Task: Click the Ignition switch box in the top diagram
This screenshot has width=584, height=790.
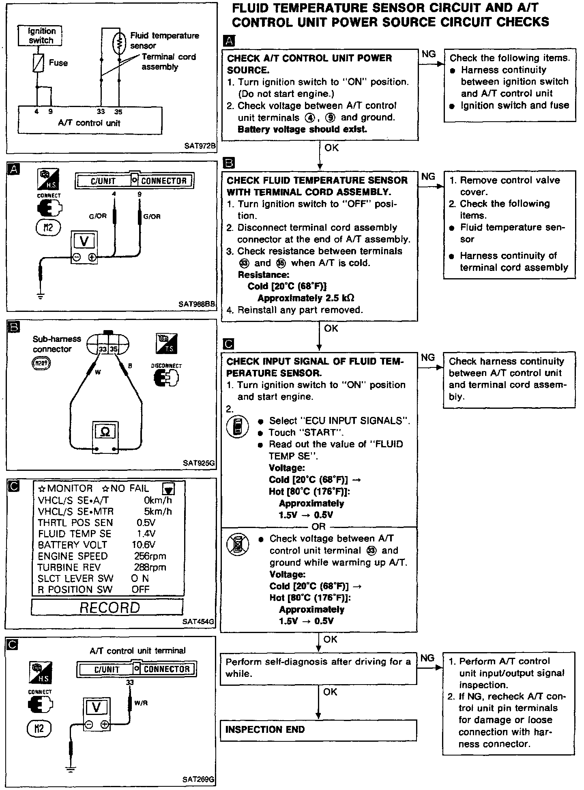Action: [41, 36]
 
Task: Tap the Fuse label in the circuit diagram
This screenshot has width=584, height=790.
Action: [58, 63]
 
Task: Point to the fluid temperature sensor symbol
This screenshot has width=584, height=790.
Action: [119, 43]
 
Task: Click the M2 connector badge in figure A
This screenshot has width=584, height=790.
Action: [48, 227]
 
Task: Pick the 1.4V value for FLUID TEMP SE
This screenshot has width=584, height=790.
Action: [146, 534]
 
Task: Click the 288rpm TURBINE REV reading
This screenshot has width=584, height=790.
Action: [150, 567]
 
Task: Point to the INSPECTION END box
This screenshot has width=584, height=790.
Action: [318, 730]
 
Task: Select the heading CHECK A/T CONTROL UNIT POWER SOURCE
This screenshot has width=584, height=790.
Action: [309, 64]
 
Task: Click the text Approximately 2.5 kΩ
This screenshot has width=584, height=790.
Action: [306, 298]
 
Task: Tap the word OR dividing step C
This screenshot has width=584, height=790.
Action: [319, 526]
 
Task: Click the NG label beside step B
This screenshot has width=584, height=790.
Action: [428, 176]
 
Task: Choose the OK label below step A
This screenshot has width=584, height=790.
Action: [331, 148]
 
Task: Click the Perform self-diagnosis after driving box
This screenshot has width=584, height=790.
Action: [318, 668]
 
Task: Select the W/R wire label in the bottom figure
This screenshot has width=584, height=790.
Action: [141, 703]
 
